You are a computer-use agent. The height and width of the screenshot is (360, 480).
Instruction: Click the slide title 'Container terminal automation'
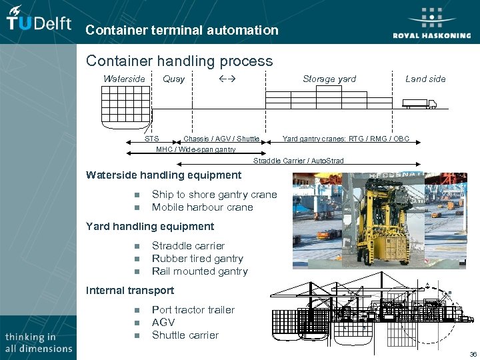click(182, 30)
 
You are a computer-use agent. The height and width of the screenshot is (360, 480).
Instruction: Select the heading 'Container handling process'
click(179, 61)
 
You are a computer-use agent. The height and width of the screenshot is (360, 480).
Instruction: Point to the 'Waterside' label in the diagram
click(124, 79)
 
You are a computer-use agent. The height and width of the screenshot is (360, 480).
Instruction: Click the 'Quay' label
click(173, 79)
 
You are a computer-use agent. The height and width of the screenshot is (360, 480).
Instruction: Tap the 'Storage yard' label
click(329, 79)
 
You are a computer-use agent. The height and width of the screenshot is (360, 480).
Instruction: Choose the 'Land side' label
click(425, 79)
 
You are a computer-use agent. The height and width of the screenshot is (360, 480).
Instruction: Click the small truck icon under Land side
click(419, 103)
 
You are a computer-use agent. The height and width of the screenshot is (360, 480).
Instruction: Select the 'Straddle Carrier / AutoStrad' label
click(299, 161)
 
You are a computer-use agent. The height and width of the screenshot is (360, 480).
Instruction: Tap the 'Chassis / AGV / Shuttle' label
click(221, 139)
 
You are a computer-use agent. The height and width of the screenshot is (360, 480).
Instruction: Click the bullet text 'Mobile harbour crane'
click(203, 207)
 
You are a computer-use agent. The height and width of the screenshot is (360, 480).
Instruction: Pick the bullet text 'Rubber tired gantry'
click(197, 259)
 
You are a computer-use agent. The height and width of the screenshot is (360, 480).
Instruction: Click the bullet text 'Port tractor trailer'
click(193, 310)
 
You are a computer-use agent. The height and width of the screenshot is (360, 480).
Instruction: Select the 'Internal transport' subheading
click(130, 291)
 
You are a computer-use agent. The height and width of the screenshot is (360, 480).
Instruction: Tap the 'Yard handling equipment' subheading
click(150, 227)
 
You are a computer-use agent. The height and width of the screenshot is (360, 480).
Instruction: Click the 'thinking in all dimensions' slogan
click(38, 343)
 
